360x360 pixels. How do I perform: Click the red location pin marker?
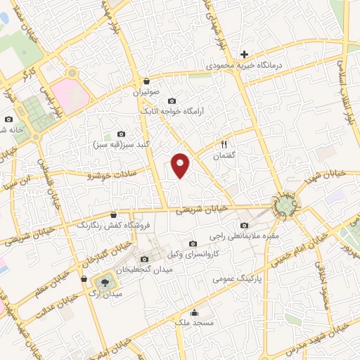181,166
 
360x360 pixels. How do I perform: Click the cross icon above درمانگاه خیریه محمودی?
244,53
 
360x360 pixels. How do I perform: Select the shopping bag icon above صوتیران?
146,81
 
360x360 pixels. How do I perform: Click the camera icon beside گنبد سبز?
122,134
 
